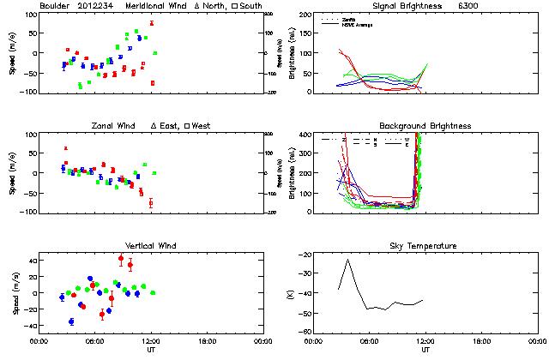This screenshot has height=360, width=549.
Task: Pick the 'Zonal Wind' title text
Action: [x=113, y=126]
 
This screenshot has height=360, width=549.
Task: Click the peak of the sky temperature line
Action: [x=348, y=260]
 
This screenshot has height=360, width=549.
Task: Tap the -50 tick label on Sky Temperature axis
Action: [x=304, y=315]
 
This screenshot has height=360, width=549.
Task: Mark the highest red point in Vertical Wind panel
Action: [x=121, y=258]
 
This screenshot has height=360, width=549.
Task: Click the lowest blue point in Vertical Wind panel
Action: [x=71, y=321]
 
